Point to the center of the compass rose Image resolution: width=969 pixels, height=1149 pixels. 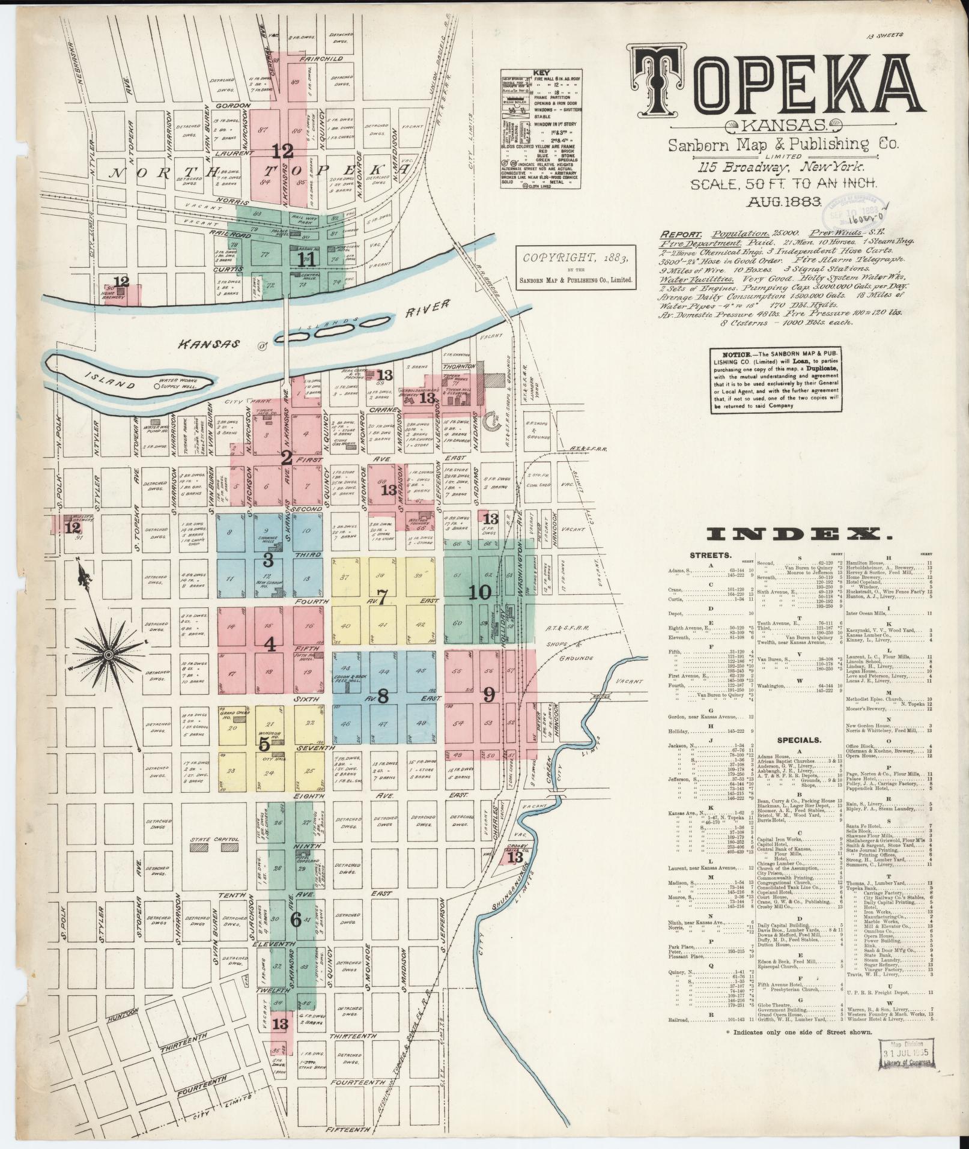tap(109, 653)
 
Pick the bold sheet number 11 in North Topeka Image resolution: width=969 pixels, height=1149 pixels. tap(306, 259)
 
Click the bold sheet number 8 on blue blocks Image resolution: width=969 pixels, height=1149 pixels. tap(383, 696)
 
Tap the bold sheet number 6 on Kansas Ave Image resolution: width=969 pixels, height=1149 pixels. tap(296, 920)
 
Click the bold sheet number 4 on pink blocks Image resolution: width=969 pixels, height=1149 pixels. tap(270, 645)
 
